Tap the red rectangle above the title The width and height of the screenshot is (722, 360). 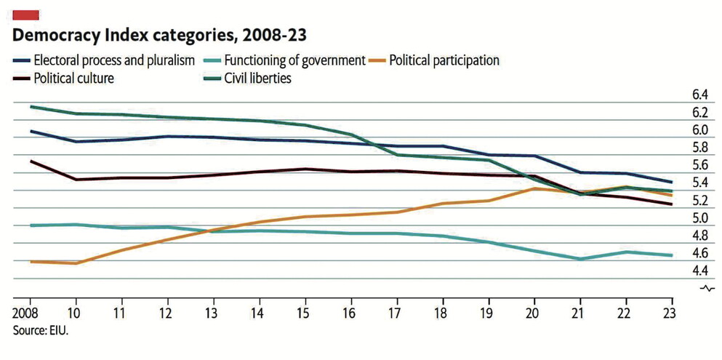(25, 15)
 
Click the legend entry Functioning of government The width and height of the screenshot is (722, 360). (294, 60)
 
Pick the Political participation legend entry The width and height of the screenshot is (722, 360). (444, 60)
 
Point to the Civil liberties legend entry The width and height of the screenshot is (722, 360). (257, 78)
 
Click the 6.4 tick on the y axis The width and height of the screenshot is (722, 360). (699, 95)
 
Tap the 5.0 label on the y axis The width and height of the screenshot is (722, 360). (699, 218)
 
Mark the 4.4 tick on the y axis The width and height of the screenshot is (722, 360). (699, 271)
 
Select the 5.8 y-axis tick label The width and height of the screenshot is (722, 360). (699, 148)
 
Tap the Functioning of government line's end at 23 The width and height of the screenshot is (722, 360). (671, 255)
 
